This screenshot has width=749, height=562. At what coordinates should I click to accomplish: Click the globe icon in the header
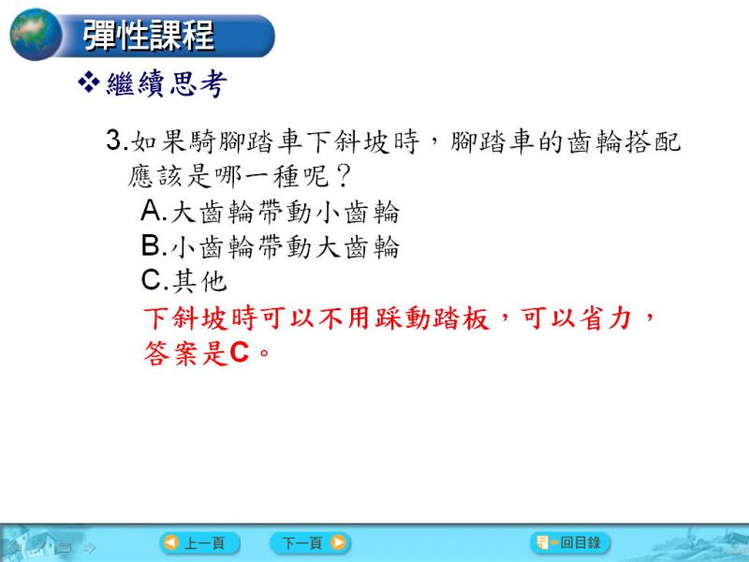[x=36, y=35]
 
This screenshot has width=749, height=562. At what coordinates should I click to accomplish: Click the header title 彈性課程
[x=148, y=36]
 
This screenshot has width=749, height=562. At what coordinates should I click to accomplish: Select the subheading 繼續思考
[x=167, y=83]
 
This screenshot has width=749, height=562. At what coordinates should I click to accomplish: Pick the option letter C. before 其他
[x=154, y=280]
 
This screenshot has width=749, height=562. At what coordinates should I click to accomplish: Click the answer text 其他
[x=199, y=281]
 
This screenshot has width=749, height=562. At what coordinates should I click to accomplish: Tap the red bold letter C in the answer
[x=240, y=353]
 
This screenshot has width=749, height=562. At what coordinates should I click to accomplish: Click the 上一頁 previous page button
[x=199, y=543]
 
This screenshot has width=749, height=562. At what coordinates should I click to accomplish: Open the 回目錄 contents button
[x=570, y=543]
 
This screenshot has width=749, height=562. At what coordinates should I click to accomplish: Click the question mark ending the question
[x=344, y=176]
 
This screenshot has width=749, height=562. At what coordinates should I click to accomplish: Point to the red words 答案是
[x=185, y=354]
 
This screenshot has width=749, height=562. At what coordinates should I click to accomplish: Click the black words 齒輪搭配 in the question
[x=624, y=142]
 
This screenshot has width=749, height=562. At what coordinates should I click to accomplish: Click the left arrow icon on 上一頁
[x=171, y=543]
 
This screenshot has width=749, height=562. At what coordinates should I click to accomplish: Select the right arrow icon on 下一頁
[x=338, y=543]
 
